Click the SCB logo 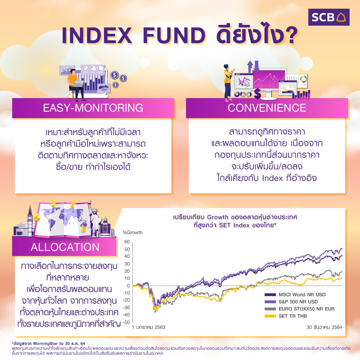pyautogui.click(x=329, y=17)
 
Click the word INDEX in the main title pyautogui.click(x=97, y=36)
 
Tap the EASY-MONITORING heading pyautogui.click(x=93, y=108)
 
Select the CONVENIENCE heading pyautogui.click(x=267, y=108)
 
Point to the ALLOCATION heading pyautogui.click(x=65, y=247)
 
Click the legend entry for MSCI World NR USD pyautogui.click(x=295, y=295)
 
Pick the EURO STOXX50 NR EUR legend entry pyautogui.click(x=300, y=309)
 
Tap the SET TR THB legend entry pyautogui.click(x=285, y=316)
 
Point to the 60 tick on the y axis pyautogui.click(x=127, y=242)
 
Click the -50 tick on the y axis pyautogui.click(x=126, y=322)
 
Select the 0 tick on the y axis pyautogui.click(x=128, y=286)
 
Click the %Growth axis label pyautogui.click(x=133, y=232)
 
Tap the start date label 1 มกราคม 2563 pyautogui.click(x=149, y=327)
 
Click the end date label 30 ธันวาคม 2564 pyautogui.click(x=324, y=327)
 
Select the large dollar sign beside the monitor pyautogui.click(x=258, y=94)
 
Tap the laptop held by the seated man pyautogui.click(x=78, y=84)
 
